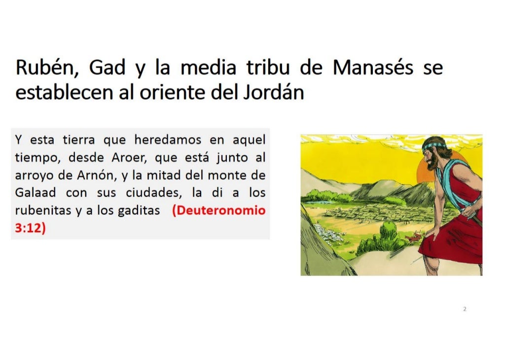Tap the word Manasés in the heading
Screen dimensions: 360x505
pyautogui.click(x=373, y=68)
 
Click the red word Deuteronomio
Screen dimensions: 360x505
pyautogui.click(x=219, y=210)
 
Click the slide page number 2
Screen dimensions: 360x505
pyautogui.click(x=465, y=309)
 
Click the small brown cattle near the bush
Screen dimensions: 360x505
pyautogui.click(x=411, y=239)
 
